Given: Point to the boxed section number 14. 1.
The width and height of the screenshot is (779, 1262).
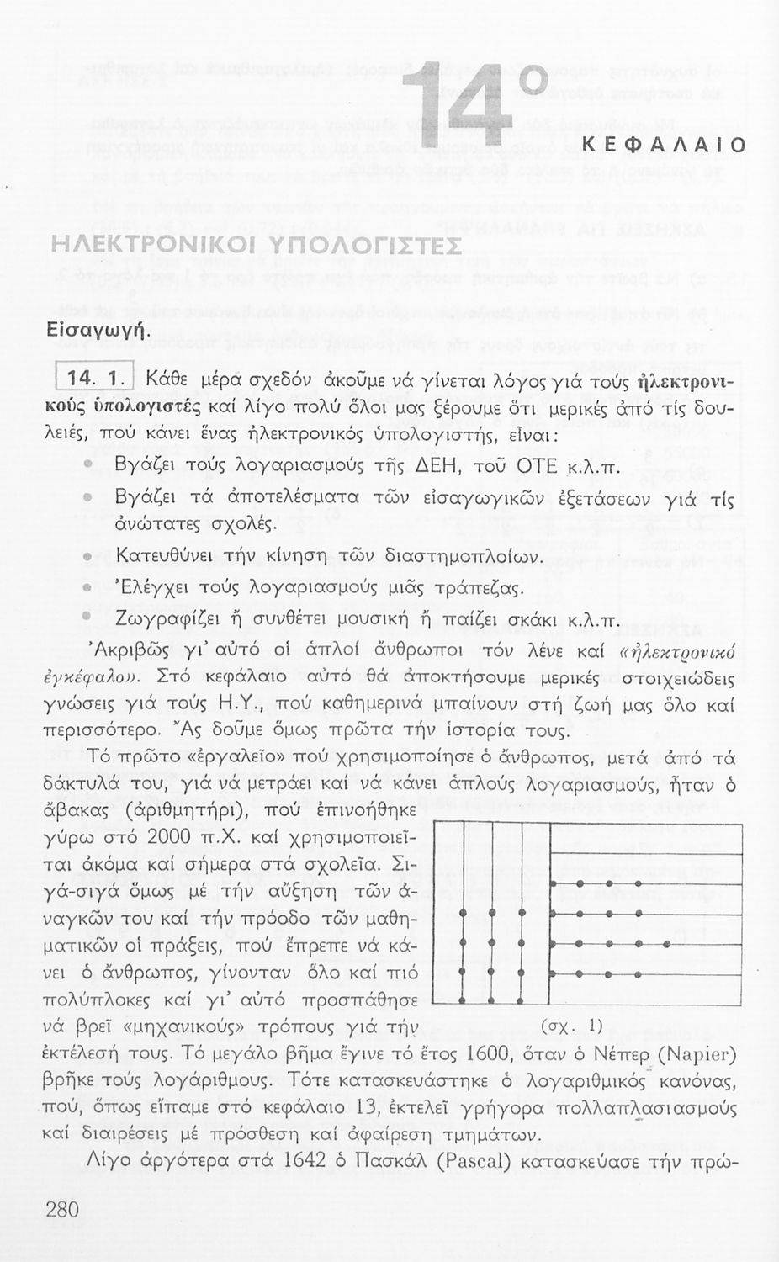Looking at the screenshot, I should [95, 379].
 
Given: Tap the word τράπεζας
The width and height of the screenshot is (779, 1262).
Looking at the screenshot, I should [483, 588].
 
